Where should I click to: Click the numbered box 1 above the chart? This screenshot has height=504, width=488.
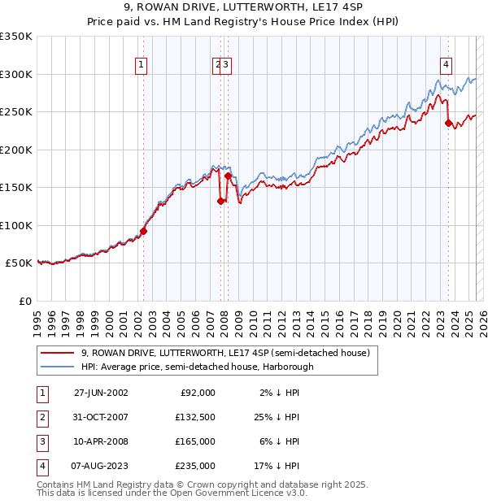(x=142, y=67)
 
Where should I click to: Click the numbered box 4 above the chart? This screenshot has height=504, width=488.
(x=447, y=67)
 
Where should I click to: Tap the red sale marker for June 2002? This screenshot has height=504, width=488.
(x=143, y=231)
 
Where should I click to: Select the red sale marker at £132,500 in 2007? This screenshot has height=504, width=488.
(x=220, y=201)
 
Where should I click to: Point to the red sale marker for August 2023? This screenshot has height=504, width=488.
(x=448, y=124)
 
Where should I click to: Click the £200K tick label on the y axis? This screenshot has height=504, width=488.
(x=16, y=150)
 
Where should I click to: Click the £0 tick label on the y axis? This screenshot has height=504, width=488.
(x=25, y=301)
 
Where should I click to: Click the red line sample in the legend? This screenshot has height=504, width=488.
(x=58, y=353)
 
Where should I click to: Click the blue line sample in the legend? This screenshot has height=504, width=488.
(x=58, y=367)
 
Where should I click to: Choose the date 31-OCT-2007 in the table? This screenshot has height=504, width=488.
(x=101, y=417)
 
